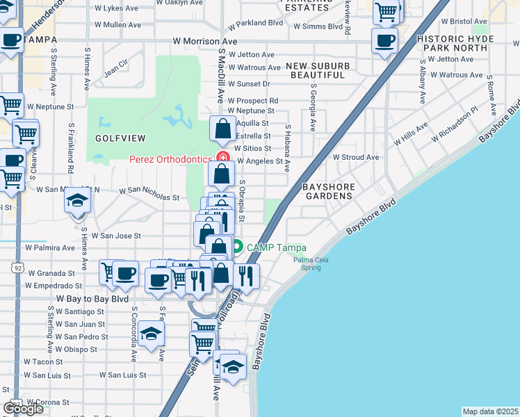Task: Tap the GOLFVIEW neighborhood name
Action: click(113, 139)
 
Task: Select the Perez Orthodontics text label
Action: click(170, 159)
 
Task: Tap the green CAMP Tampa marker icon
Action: click(238, 247)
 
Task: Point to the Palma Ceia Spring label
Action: click(310, 264)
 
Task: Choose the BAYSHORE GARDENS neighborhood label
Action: click(329, 192)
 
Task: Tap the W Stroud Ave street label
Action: click(356, 157)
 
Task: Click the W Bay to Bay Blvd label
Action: click(92, 298)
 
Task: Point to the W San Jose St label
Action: click(116, 236)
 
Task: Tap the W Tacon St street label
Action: click(43, 361)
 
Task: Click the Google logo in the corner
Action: click(23, 408)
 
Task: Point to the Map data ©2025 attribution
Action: click(491, 411)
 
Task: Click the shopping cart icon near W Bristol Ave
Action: click(387, 11)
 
